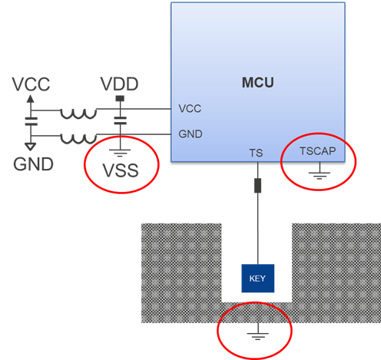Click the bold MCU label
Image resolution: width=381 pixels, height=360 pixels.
(x=258, y=81)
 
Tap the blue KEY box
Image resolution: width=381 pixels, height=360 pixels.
(x=257, y=278)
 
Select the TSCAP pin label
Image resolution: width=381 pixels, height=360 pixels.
(x=317, y=153)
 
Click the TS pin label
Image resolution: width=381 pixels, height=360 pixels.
(x=257, y=154)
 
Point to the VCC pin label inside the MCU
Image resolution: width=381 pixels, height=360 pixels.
(x=190, y=109)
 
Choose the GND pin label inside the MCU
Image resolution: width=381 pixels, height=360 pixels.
(x=190, y=134)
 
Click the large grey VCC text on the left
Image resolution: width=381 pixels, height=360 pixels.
(x=31, y=85)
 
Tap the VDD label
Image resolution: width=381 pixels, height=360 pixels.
(x=120, y=84)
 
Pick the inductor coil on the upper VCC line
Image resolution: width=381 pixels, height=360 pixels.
(x=79, y=114)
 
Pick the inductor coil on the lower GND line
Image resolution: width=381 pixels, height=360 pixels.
(x=79, y=139)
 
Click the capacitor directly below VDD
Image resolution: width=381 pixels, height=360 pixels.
(x=119, y=121)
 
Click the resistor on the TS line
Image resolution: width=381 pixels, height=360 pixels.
(x=257, y=186)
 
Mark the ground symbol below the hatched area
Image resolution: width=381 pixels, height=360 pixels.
(x=256, y=335)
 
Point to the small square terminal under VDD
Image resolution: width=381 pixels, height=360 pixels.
(x=119, y=99)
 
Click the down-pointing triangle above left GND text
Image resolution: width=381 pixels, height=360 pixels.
(x=31, y=146)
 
